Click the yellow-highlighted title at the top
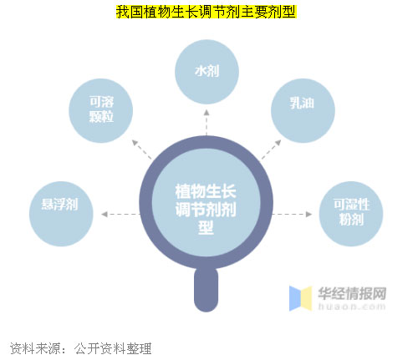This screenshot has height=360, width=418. pos(206,12)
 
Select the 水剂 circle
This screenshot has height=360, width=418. pos(206,72)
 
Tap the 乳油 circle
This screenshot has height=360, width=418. pos(303,111)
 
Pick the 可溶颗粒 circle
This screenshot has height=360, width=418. pos(101,111)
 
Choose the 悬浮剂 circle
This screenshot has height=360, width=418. pos(61,214)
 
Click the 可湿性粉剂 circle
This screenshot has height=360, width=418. pos(351,214)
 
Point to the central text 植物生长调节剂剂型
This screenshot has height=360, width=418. pos(206,209)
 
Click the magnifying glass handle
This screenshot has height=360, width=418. pos(206,290)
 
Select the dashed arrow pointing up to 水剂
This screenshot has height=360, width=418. pos(206,123)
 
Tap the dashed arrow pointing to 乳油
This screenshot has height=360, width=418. pos(271,150)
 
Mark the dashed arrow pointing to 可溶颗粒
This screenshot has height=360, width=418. pos(142,150)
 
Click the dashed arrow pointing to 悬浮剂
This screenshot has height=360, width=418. pos(120,214)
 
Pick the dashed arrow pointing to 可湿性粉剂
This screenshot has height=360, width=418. pos(293,214)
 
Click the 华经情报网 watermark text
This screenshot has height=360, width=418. pos(352,293)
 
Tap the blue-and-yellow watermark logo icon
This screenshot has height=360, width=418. pos(300,298)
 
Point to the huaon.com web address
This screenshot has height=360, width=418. pos(352,307)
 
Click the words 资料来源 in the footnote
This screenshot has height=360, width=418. pos(35,348)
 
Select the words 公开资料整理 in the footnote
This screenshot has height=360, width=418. pos(113,348)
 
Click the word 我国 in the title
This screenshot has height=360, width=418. pos(130,12)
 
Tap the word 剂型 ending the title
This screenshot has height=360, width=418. pos(283,12)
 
